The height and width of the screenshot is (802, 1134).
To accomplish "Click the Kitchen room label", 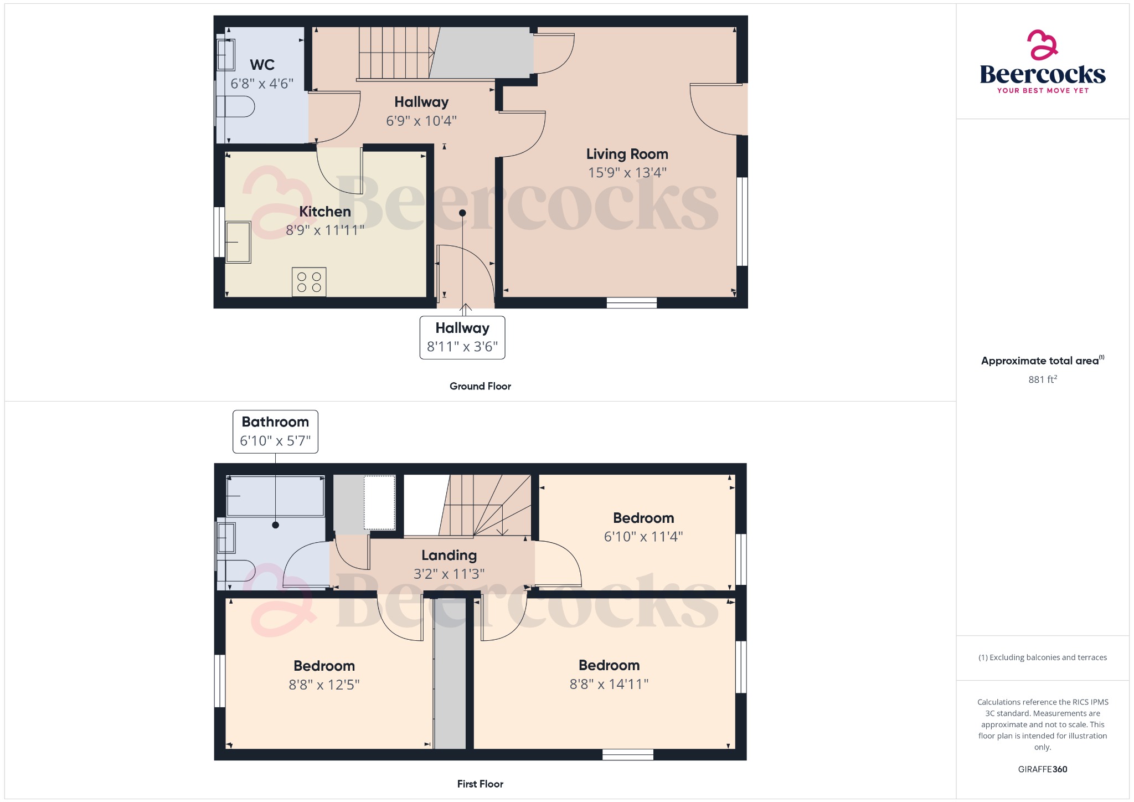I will click(325, 212).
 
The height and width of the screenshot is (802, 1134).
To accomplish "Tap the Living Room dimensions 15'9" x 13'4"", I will click(627, 173).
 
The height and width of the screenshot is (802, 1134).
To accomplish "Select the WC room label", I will click(262, 65).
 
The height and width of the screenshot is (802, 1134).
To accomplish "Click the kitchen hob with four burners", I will click(309, 281).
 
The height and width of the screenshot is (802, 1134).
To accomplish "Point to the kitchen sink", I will click(238, 242).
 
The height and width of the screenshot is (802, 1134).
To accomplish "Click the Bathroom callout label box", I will click(275, 431).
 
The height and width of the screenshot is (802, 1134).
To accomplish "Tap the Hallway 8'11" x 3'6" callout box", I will click(462, 337).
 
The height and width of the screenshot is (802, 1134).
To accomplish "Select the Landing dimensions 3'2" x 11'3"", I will click(449, 574).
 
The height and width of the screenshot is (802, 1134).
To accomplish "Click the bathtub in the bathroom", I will click(275, 496).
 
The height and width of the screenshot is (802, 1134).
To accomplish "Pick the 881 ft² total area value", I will click(1042, 379).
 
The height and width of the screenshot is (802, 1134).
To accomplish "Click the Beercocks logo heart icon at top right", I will click(1042, 45).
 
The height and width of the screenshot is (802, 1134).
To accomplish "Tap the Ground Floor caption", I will click(480, 386).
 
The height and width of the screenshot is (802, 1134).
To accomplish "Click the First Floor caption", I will click(480, 784).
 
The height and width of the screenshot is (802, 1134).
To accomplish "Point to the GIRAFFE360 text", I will click(1042, 769).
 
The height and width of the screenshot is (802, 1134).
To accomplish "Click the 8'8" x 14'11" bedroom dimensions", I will click(609, 684).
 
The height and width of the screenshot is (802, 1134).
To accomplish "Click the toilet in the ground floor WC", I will click(236, 106).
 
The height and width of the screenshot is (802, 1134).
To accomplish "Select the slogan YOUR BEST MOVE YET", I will click(1043, 90).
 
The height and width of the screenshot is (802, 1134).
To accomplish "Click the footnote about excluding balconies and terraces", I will click(1042, 657).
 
